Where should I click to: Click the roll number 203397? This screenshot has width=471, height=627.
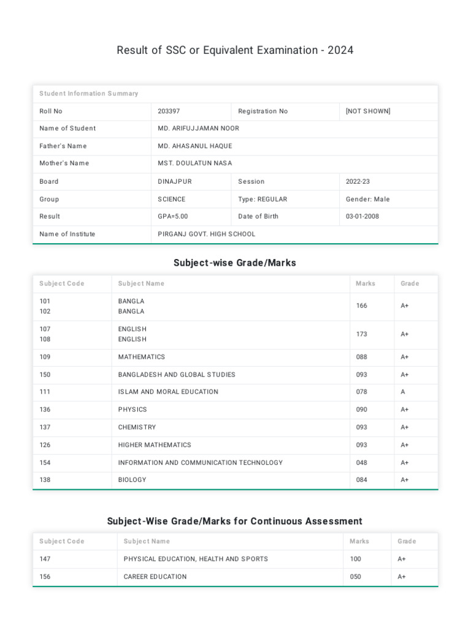(169, 111)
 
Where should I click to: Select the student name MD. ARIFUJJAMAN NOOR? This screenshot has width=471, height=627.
(198, 129)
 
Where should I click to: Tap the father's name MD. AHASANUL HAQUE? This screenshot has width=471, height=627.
(195, 146)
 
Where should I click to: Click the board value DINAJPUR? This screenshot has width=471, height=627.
(175, 182)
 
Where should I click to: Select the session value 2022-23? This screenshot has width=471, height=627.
(358, 182)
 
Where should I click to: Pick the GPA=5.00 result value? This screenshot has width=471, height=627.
(173, 217)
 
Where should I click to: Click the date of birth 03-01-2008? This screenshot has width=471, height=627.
(362, 217)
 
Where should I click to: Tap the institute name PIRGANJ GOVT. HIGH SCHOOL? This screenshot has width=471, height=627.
(207, 235)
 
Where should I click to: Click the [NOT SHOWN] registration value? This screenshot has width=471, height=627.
(368, 111)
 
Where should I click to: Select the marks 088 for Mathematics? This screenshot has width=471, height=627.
(362, 357)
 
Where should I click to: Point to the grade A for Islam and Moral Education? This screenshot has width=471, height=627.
(403, 392)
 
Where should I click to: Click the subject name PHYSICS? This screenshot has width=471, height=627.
(132, 410)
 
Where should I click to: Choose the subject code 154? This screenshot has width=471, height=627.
(45, 463)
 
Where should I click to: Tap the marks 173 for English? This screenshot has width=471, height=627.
(362, 334)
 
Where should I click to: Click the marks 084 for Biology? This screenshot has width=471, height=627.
(362, 480)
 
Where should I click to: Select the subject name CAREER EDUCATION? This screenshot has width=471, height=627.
(155, 577)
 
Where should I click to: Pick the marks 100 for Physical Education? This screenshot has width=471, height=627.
(355, 559)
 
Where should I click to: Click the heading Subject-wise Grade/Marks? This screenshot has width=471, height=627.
(235, 263)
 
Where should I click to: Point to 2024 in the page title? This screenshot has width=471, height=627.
(340, 50)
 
